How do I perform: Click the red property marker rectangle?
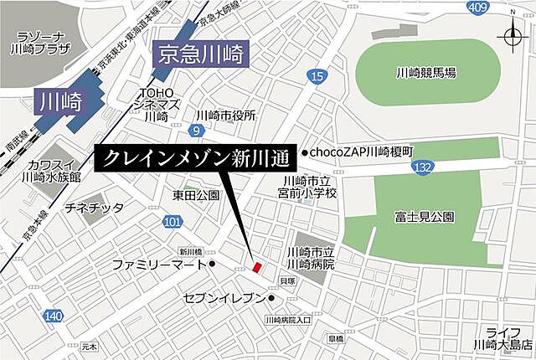(257, 266)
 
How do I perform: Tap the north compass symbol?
(512, 37)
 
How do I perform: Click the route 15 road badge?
(316, 78)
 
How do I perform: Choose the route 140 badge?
(53, 316)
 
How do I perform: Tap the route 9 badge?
(195, 131)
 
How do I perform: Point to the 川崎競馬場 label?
(426, 74)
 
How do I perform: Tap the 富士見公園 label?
(426, 217)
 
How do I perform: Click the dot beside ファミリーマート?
(214, 265)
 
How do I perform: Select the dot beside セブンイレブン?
(271, 297)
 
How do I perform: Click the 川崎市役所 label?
(225, 116)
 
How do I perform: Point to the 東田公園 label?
(196, 196)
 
